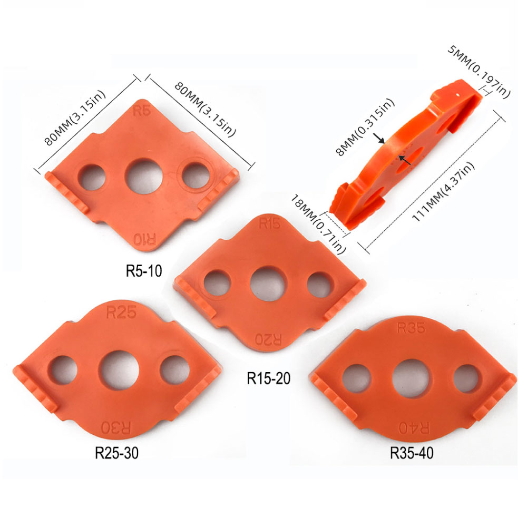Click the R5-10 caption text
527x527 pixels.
point(144,270)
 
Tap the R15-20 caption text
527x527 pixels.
point(269,378)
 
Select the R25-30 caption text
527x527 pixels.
point(116,453)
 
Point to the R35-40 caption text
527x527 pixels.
point(412,453)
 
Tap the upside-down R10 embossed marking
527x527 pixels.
point(145,239)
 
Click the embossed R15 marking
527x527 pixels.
point(269,223)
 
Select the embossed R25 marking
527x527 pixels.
point(121,312)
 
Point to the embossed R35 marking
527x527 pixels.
point(411,328)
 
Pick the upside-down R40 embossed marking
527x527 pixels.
point(414,428)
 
